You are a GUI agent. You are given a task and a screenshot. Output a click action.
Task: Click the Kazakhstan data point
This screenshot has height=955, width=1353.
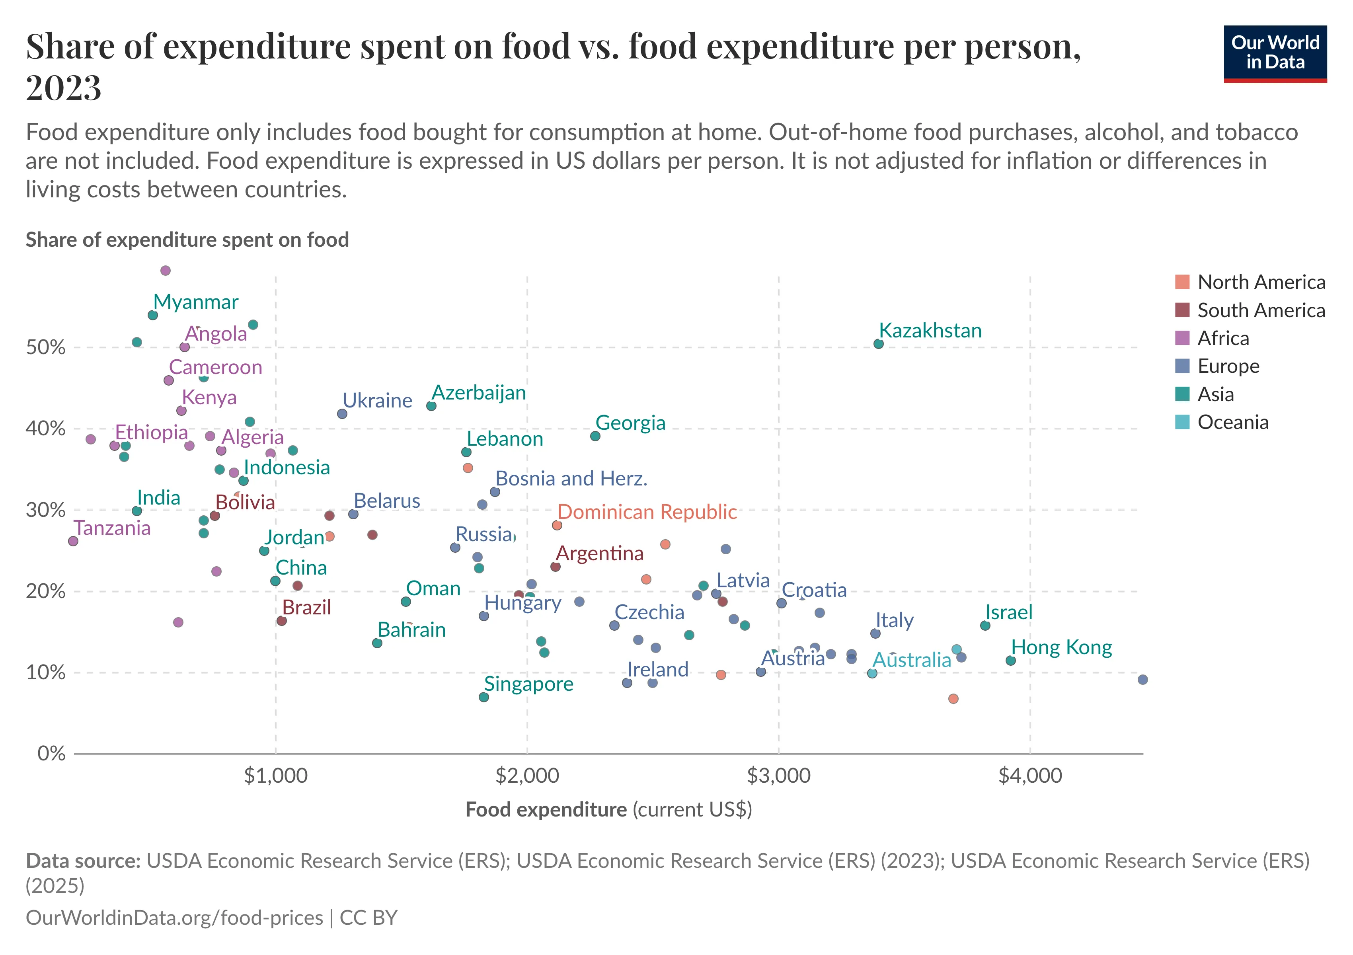tap(878, 343)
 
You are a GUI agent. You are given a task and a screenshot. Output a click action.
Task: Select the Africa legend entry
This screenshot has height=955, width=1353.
tap(1223, 338)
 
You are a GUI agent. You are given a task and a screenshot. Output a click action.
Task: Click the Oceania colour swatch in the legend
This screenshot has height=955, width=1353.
tap(1182, 422)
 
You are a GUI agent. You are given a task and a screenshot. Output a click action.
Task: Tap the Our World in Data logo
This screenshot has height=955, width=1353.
tap(1275, 53)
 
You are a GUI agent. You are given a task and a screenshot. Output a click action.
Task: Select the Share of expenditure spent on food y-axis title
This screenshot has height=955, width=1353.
tap(187, 240)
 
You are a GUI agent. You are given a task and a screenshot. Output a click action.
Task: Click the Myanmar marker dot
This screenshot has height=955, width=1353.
tap(153, 315)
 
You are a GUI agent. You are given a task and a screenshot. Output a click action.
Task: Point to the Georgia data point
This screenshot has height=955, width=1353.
tap(595, 436)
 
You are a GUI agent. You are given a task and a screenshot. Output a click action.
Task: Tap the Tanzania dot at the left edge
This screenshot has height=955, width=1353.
tap(73, 541)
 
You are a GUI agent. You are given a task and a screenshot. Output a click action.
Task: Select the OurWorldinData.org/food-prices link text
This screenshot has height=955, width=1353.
tap(174, 917)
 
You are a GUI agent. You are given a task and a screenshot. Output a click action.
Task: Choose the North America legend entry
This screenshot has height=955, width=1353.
tap(1261, 282)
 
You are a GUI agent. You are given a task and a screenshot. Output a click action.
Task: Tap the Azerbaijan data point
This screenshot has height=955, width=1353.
tap(431, 406)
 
